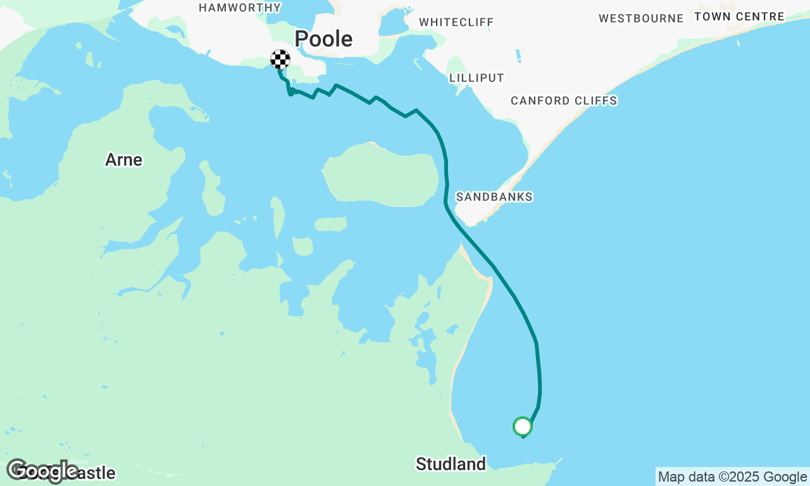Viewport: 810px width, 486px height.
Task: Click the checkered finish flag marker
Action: (280, 59)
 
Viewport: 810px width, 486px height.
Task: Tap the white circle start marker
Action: (523, 427)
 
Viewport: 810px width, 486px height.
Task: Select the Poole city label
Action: (323, 39)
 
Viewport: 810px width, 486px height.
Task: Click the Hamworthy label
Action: (239, 8)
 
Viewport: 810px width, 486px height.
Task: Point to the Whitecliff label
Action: (456, 22)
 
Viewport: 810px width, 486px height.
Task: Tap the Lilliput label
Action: (477, 78)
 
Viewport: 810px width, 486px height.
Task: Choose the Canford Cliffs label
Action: (564, 101)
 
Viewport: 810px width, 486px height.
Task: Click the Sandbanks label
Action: (494, 197)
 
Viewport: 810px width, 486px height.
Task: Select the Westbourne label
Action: (641, 18)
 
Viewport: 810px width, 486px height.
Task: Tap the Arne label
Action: (123, 160)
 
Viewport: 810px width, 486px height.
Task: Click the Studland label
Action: (451, 464)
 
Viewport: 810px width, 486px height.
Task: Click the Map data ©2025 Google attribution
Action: (732, 477)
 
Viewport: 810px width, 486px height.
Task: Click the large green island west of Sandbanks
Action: (380, 174)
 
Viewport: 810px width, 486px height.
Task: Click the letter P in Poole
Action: (301, 39)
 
